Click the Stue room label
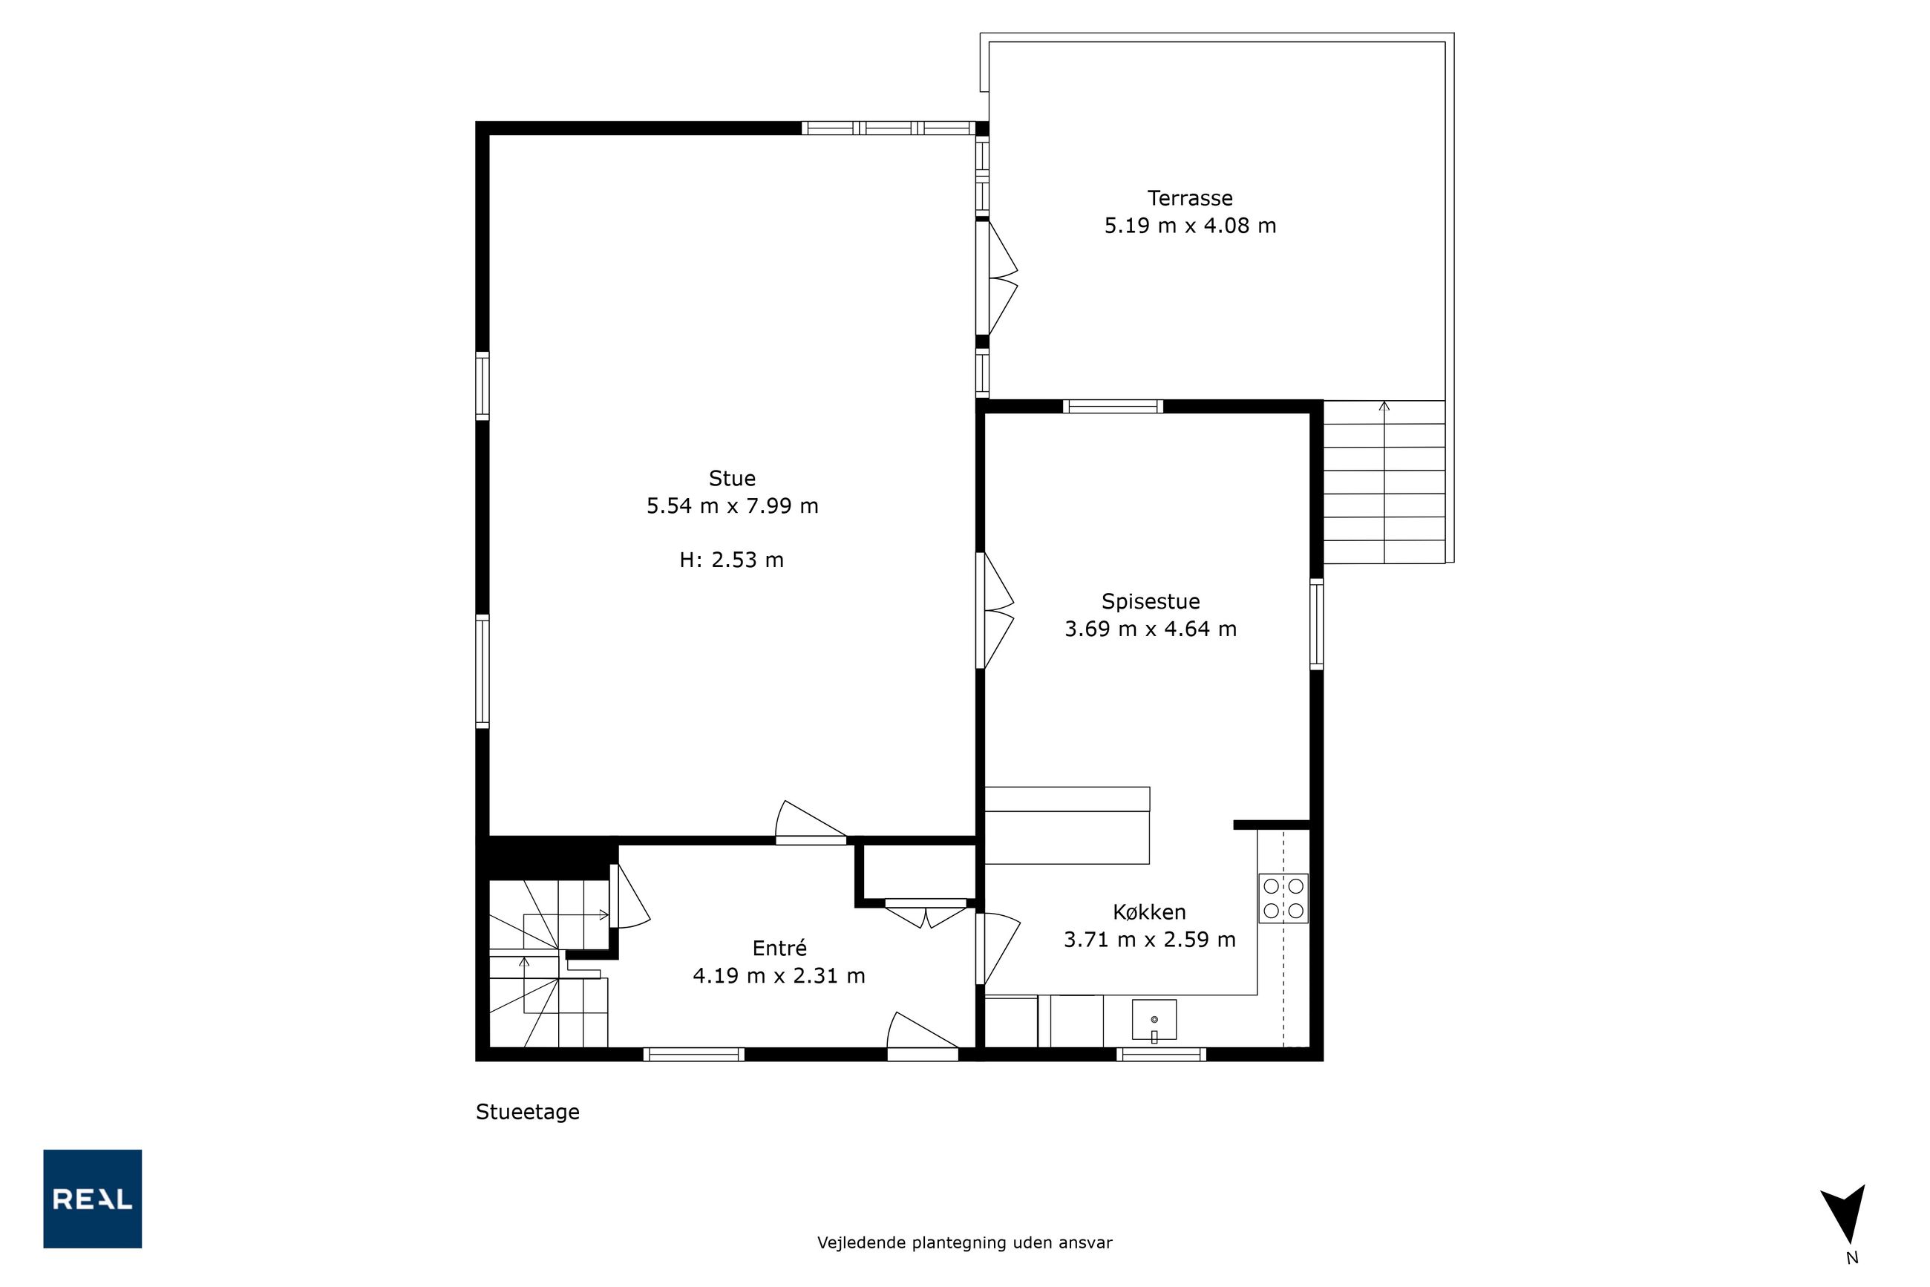pos(731,478)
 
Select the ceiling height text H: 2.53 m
pos(731,560)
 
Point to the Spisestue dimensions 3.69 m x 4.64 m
pos(1150,629)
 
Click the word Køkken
pos(1149,912)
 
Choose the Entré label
pos(779,948)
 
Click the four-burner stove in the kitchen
pos(1283,898)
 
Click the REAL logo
pos(93,1199)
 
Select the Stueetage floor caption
pos(528,1112)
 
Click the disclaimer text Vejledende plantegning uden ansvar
pos(964,1242)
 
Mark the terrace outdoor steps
pos(1384,482)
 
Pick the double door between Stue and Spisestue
pos(994,611)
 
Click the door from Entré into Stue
pos(811,822)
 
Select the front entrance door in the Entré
pos(923,1035)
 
